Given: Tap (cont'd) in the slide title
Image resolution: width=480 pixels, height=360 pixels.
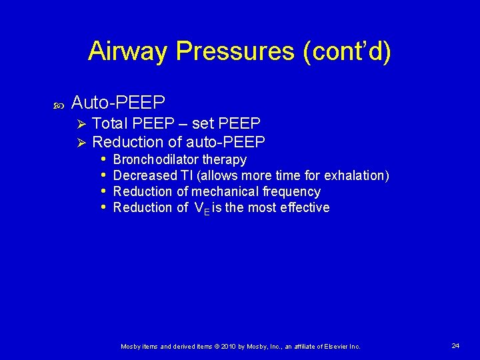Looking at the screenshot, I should (x=347, y=51).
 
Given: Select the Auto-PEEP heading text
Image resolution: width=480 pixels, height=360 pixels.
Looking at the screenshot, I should (x=118, y=102).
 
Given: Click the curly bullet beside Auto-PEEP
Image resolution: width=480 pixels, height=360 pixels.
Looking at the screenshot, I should (x=57, y=105).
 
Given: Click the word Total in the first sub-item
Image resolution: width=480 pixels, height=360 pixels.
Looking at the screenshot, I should (x=111, y=123).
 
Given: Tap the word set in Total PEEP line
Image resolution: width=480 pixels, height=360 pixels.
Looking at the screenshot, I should (x=203, y=123).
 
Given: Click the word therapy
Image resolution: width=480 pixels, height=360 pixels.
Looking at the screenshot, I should (x=225, y=160).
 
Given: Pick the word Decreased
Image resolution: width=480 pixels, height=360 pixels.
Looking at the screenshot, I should (x=144, y=175).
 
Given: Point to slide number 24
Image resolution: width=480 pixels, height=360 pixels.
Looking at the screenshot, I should (x=455, y=345).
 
